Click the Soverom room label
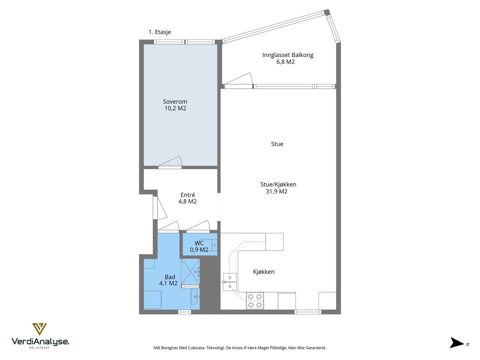point(175,102)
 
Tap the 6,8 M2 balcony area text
point(285,62)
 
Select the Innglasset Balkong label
point(288,55)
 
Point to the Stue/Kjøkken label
point(278,184)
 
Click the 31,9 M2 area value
point(276,191)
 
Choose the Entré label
point(187,195)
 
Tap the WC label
point(199,243)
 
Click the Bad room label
point(170,277)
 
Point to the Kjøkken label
point(263,272)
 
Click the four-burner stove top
point(255,301)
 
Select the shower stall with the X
point(190,272)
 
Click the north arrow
point(457,343)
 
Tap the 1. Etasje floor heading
point(160,32)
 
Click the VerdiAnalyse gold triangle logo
point(39,329)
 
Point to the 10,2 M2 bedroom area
point(175,108)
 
